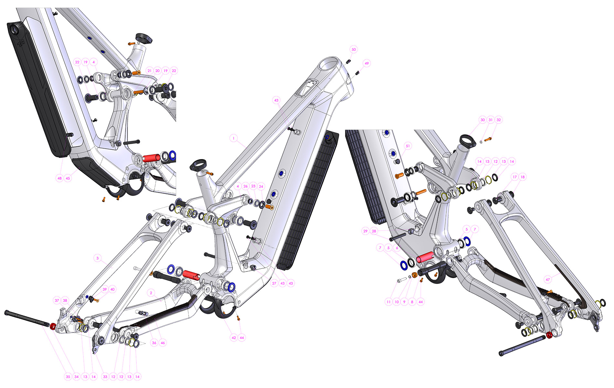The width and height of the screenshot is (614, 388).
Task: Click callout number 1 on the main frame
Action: tap(234, 138)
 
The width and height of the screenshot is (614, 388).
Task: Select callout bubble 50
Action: tap(354, 49)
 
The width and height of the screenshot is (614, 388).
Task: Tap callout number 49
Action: tap(366, 63)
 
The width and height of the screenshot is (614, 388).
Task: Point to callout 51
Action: tap(408, 146)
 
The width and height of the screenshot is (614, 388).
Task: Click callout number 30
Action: tap(482, 120)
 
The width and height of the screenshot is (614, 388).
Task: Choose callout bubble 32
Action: tap(499, 120)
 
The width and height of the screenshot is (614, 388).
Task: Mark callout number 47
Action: tap(547, 280)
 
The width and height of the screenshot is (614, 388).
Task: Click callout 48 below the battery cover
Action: tap(59, 178)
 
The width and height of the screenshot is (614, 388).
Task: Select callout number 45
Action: tap(68, 178)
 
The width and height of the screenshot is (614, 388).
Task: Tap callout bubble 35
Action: tap(68, 377)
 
